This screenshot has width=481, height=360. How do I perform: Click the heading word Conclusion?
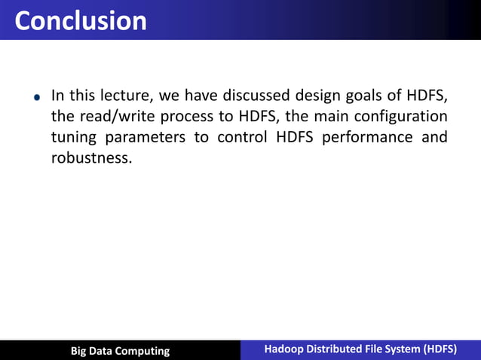coord(81,20)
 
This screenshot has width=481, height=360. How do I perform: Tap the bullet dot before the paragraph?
coord(35,98)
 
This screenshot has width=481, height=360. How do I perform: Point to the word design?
coord(321,96)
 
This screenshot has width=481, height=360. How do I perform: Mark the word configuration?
coord(400,117)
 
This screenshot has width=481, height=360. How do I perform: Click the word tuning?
coord(73,139)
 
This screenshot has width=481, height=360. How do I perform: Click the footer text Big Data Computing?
coord(120,351)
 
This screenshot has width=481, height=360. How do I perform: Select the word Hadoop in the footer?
coord(282,349)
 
